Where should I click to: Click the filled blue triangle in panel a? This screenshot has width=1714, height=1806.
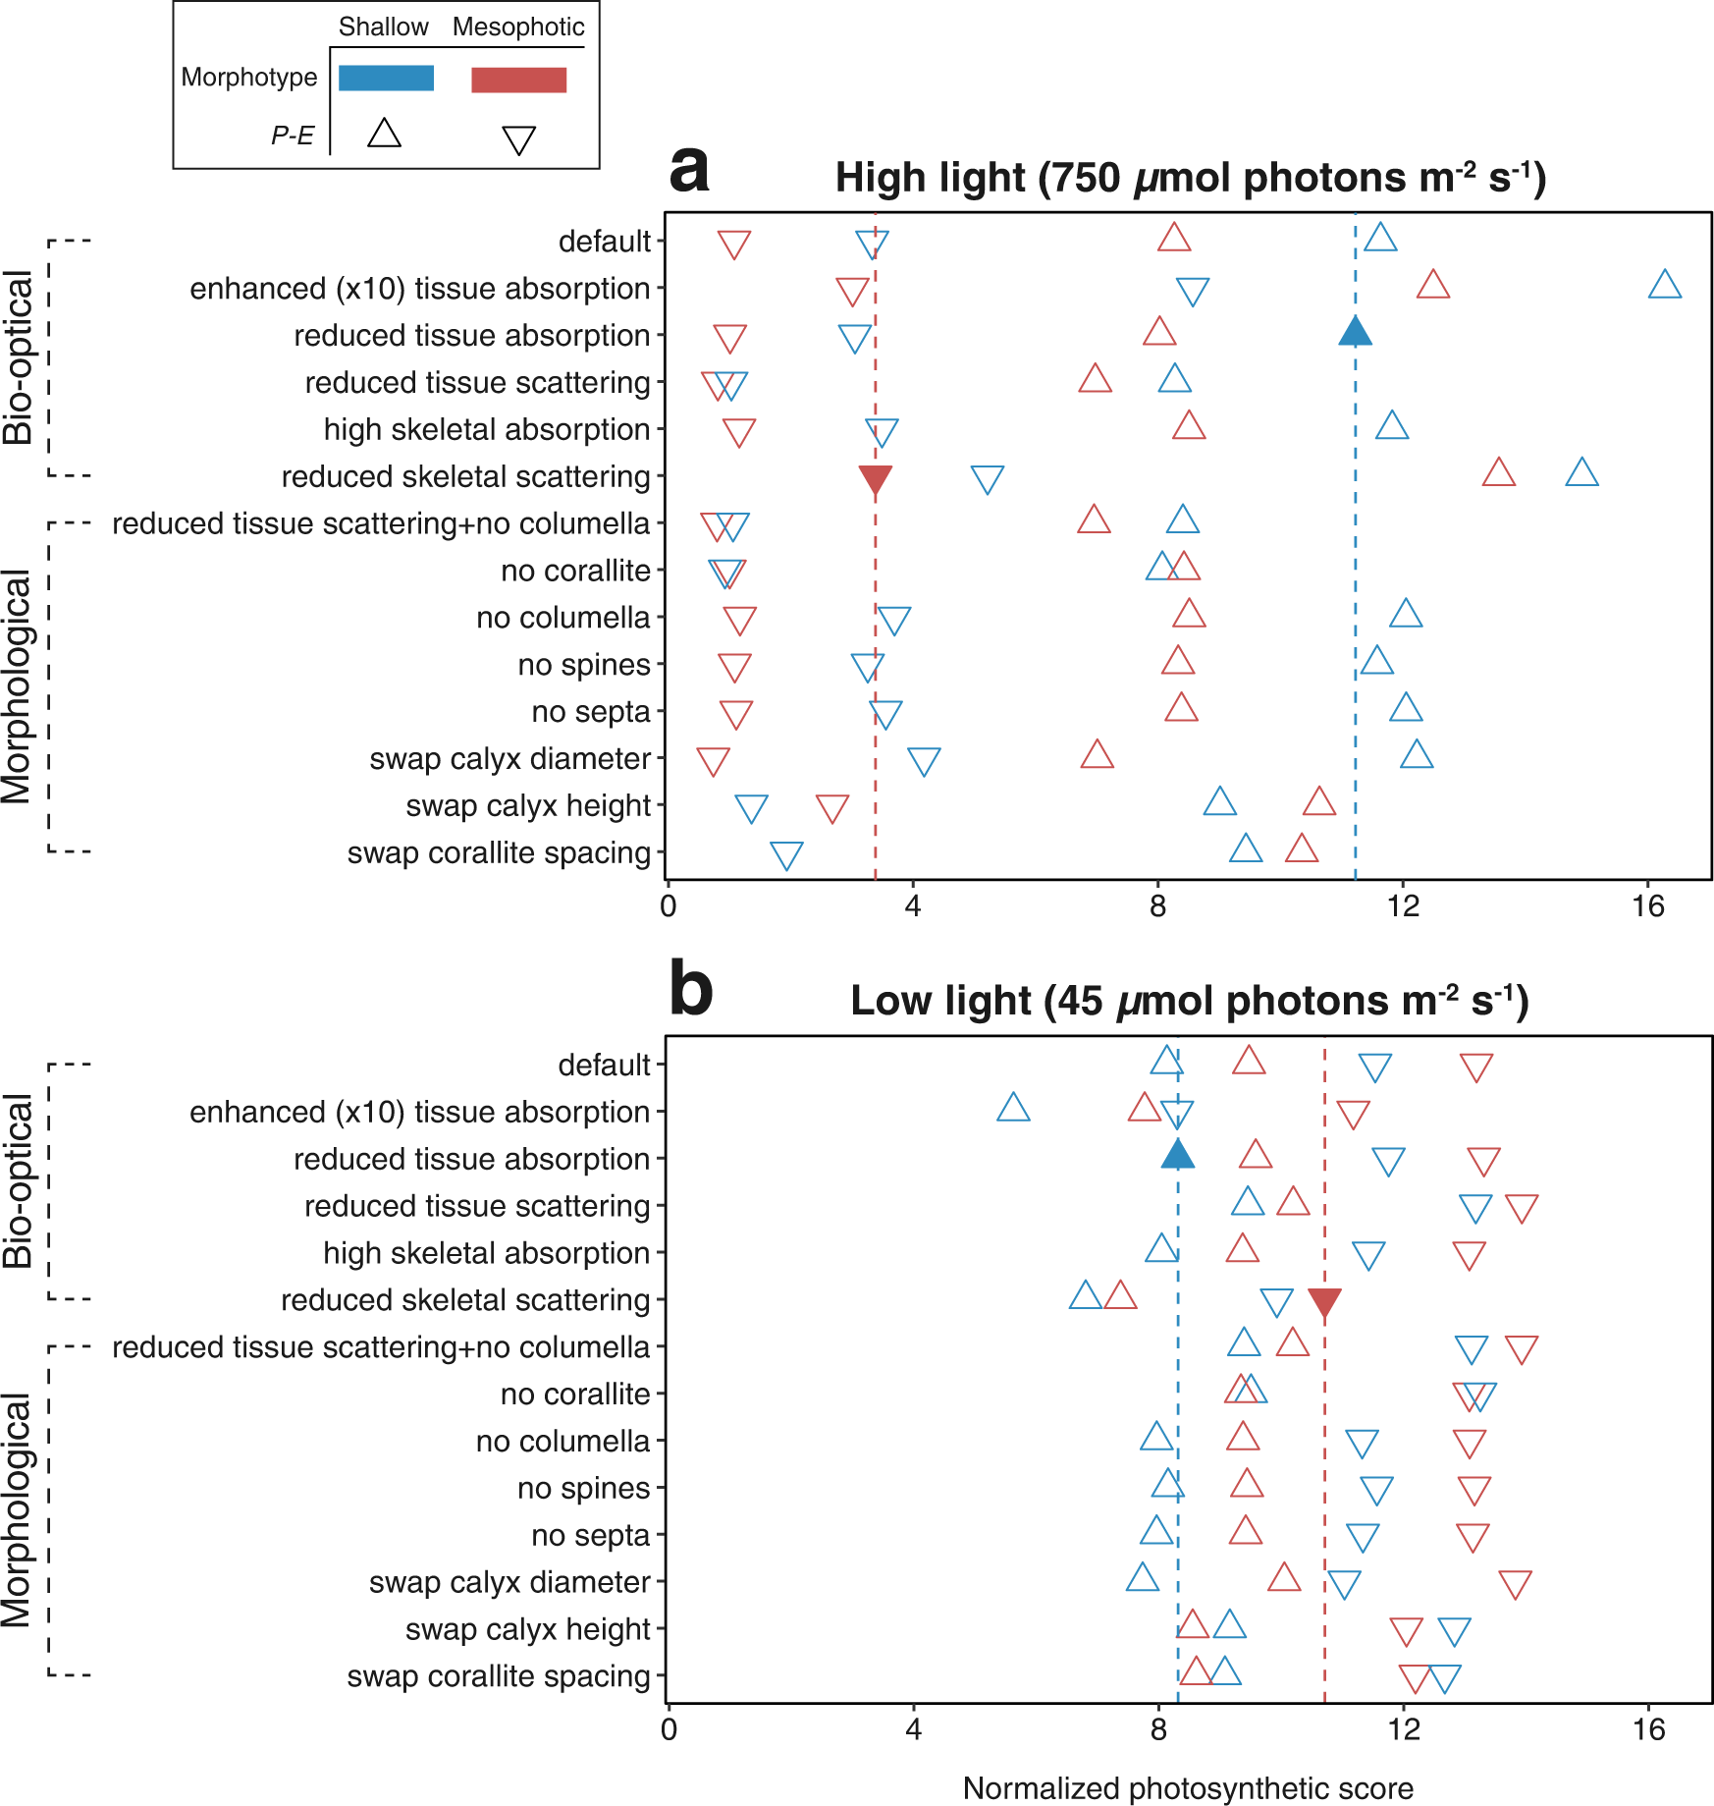(x=1355, y=333)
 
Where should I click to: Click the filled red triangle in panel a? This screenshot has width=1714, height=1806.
(x=875, y=480)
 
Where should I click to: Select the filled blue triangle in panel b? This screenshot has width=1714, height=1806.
(x=1177, y=1156)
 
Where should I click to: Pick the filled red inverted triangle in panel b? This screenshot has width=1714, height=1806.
(x=1324, y=1303)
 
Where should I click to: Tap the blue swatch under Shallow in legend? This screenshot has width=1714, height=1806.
(x=386, y=79)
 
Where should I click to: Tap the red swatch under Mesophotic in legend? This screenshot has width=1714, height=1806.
(x=518, y=81)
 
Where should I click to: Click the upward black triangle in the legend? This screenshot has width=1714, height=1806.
(x=384, y=134)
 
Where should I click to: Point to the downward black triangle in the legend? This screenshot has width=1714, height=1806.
(x=518, y=139)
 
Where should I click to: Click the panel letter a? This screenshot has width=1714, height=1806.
(x=689, y=169)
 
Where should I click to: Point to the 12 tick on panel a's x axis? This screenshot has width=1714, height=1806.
(x=1403, y=905)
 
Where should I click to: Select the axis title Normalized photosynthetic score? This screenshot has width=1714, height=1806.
(x=1188, y=1788)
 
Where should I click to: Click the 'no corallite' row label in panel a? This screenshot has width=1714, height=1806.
(x=575, y=571)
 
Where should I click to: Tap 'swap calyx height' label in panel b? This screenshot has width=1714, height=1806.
(x=527, y=1629)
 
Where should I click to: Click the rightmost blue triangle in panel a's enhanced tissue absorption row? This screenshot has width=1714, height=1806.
(x=1665, y=286)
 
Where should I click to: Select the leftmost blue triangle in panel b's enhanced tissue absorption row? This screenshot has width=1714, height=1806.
(x=1013, y=1109)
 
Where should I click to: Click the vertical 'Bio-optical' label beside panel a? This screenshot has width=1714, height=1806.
(x=20, y=357)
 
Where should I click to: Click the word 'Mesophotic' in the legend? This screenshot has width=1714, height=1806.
(x=518, y=27)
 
